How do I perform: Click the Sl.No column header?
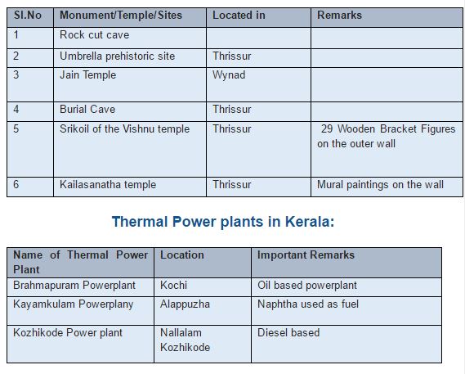28,16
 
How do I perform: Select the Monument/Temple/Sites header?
121,16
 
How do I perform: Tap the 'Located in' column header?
239,16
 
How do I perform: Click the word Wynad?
229,75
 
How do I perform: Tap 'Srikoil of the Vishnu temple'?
124,129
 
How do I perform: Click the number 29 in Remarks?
327,129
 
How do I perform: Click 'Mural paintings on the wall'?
380,185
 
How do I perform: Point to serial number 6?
16,184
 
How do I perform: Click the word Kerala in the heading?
310,222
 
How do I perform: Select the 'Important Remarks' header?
306,255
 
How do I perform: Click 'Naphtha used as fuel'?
308,304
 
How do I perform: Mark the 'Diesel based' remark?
288,333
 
